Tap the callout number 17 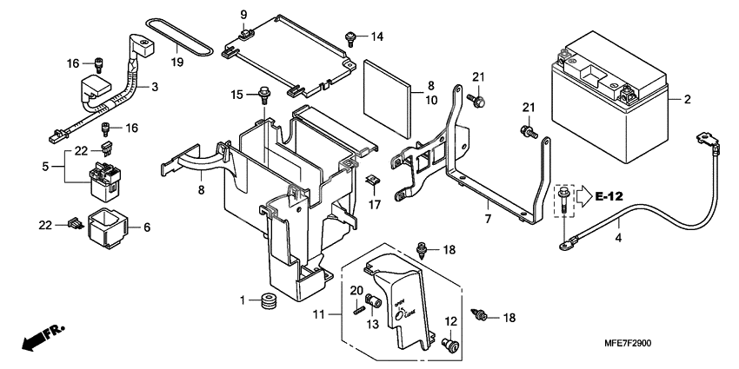pyautogui.click(x=374, y=204)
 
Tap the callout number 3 pyautogui.click(x=154, y=88)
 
